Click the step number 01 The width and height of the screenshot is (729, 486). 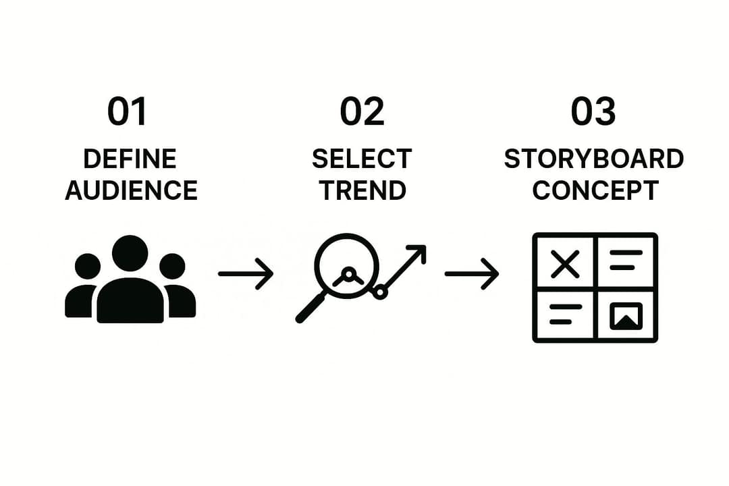tap(127, 111)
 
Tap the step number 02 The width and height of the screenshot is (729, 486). tap(362, 111)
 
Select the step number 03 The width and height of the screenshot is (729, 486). tap(593, 111)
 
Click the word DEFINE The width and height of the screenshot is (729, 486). tap(130, 159)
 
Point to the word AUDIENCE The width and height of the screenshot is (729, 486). tap(132, 190)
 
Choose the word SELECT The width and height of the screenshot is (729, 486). tap(362, 159)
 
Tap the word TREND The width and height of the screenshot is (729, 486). tap(362, 190)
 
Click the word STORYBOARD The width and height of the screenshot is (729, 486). tap(594, 159)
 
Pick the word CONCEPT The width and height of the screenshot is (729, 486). tap(595, 190)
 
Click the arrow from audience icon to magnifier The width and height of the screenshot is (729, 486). tap(246, 273)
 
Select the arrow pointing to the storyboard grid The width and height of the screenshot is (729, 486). tap(471, 273)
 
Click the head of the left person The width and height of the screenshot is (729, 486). tap(88, 267)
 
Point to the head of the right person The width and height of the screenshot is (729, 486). tap(173, 267)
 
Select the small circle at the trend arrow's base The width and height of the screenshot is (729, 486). tap(380, 292)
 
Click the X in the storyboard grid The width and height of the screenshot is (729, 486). tap(565, 264)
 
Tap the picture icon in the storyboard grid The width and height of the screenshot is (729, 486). tap(626, 316)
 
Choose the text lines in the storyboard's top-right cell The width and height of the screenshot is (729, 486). tap(626, 260)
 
